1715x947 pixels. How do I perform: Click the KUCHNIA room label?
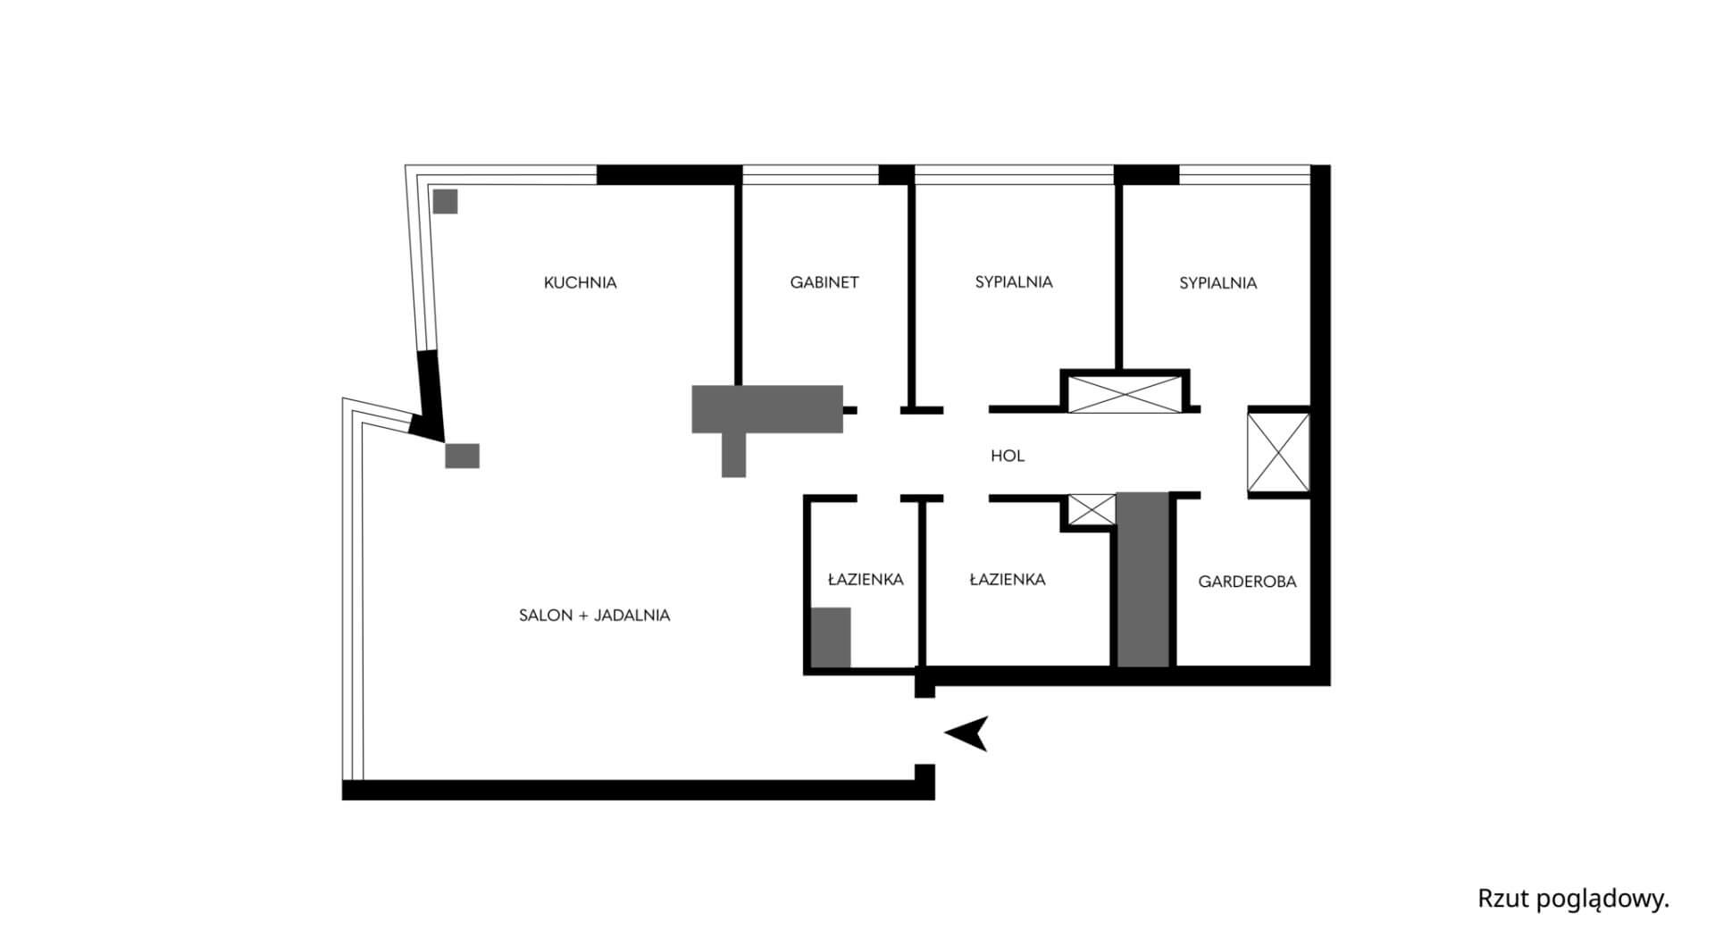tap(580, 282)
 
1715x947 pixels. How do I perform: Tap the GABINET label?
tap(824, 282)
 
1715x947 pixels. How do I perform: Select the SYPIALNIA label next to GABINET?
tap(1013, 282)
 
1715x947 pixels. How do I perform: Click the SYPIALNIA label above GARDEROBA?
tap(1217, 283)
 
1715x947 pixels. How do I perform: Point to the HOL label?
tap(1007, 456)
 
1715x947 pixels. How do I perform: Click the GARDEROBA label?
tap(1247, 582)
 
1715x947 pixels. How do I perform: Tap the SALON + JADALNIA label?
tap(594, 616)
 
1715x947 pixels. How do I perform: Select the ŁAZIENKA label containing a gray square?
tap(865, 580)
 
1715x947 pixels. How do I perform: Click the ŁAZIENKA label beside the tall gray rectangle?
tap(1007, 580)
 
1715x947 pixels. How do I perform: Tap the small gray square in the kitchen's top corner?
tap(445, 201)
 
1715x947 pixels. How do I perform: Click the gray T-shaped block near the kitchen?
tap(766, 409)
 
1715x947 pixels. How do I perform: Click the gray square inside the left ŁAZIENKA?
tap(831, 637)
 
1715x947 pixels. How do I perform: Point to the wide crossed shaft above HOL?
tap(1125, 394)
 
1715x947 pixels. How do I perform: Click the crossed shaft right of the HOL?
tap(1278, 452)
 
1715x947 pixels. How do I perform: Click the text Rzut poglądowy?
tap(1573, 899)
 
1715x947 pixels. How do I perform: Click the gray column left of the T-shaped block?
tap(462, 456)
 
